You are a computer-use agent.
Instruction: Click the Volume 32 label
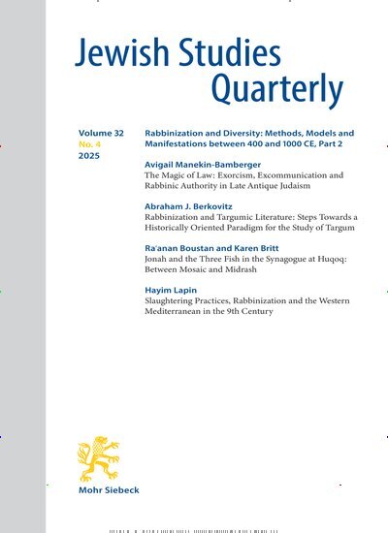(101, 130)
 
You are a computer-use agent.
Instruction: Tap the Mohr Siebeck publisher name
(109, 490)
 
